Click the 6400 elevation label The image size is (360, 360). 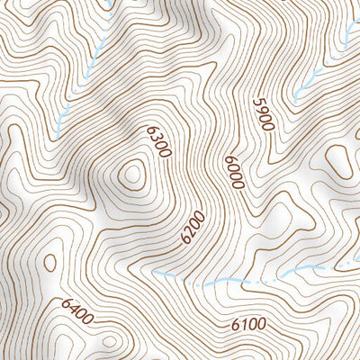coord(77,312)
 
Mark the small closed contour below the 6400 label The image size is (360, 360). coord(109,342)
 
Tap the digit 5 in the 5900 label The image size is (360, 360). coord(257,103)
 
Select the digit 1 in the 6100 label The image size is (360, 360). coord(245,324)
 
